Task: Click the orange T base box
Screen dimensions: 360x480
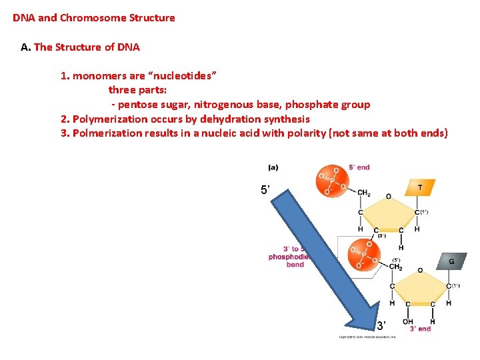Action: point(419,188)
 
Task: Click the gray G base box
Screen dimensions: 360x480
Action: point(451,261)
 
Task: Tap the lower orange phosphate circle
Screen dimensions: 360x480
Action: point(364,255)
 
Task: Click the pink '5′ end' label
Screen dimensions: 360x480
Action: point(359,167)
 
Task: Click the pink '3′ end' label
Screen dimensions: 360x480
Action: point(420,329)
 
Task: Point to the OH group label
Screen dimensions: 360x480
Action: point(408,321)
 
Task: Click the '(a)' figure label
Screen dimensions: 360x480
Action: point(273,167)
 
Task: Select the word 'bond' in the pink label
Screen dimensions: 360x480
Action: point(295,265)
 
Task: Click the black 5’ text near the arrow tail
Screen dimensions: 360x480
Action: point(265,191)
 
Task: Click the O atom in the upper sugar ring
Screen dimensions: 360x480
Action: point(389,197)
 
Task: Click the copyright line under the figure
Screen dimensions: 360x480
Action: point(367,337)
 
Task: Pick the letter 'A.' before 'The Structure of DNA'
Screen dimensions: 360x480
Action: point(26,47)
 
